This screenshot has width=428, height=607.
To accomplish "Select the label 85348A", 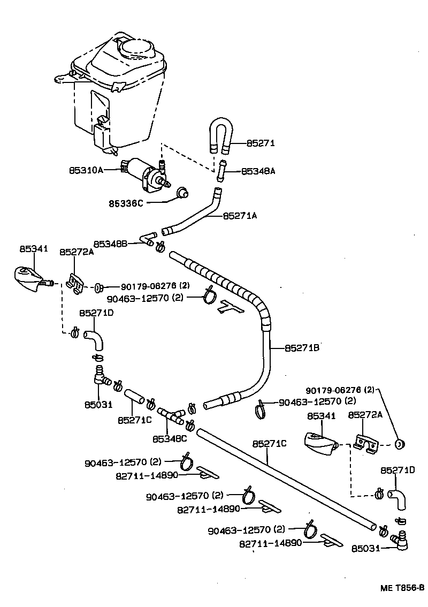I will pos(258,171).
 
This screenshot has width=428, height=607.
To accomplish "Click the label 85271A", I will pos(240,216).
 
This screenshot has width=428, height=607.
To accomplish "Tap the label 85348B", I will pos(110,244).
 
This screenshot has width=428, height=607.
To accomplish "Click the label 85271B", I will pos(302,348).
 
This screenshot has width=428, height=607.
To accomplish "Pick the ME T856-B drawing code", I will pos(402,588).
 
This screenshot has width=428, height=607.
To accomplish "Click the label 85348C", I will pos(170,439).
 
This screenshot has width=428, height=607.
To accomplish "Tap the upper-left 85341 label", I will pos(34,249).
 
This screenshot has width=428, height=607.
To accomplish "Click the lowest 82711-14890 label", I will pos(271,543).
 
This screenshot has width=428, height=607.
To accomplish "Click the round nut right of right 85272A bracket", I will pos(400,444).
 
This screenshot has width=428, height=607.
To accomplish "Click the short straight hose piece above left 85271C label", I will pos(135,399).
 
